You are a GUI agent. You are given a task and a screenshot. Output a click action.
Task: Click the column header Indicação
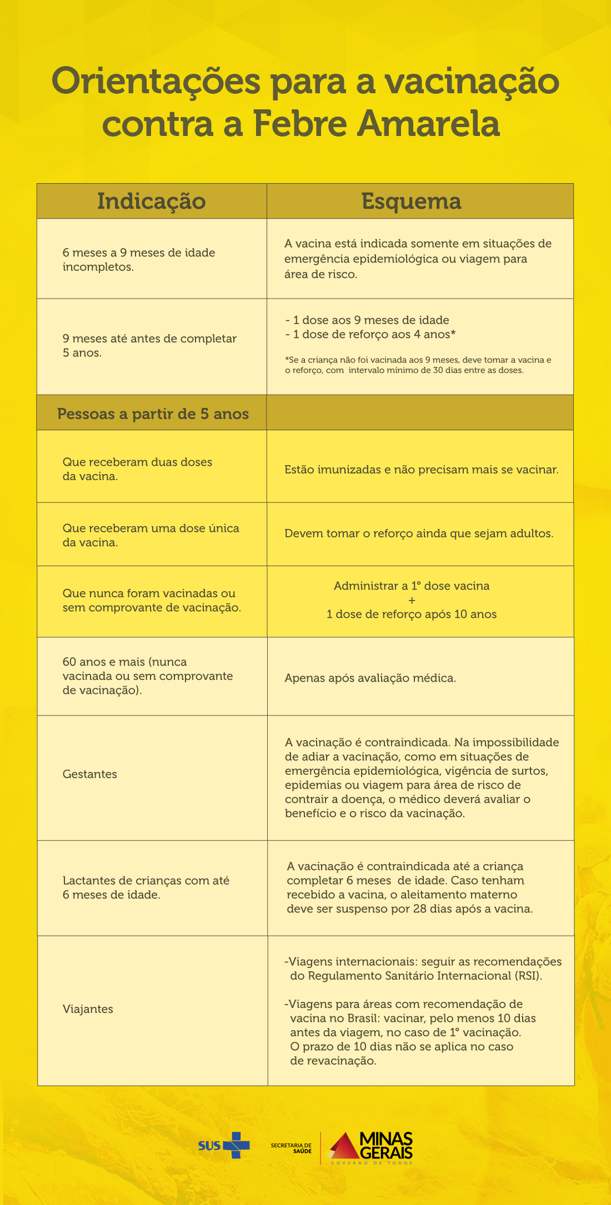click(x=151, y=201)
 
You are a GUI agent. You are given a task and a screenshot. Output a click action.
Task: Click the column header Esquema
click(x=411, y=201)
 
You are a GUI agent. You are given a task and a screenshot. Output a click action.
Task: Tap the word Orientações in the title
click(x=156, y=82)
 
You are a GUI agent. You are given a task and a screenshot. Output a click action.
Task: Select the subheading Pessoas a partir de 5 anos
click(x=153, y=414)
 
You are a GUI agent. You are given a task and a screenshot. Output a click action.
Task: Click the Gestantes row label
click(x=89, y=774)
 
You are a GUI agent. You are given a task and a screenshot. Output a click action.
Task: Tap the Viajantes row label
click(x=88, y=1009)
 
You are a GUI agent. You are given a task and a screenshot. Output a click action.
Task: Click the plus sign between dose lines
click(x=412, y=600)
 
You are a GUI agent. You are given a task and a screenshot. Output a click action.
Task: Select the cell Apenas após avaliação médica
click(x=370, y=678)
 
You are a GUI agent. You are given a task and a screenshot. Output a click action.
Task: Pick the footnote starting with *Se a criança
click(x=418, y=365)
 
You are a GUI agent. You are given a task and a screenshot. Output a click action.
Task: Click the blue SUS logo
click(x=224, y=1145)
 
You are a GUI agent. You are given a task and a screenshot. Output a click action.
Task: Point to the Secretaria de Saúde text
click(x=291, y=1148)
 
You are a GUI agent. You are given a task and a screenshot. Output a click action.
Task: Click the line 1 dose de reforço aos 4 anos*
click(x=370, y=334)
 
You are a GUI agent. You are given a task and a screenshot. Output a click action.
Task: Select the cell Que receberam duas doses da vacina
click(x=137, y=468)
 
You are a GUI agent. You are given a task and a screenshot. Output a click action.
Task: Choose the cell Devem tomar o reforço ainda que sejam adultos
click(x=419, y=533)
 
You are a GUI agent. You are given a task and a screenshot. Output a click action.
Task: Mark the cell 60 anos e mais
click(x=147, y=675)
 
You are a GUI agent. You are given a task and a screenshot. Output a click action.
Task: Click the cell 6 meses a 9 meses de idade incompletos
click(x=138, y=259)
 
